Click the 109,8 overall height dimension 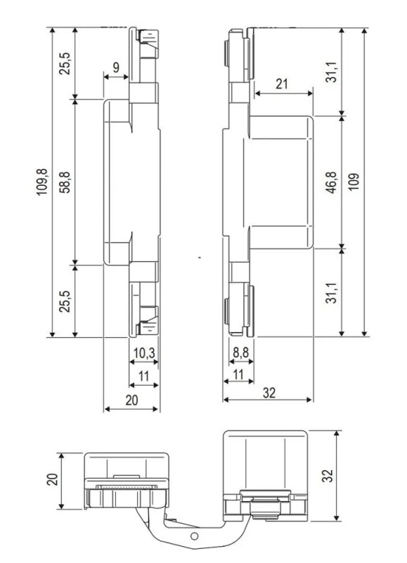44,183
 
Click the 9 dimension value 116,69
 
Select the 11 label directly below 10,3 143,377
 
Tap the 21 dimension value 282,84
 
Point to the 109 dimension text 354,183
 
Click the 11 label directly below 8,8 238,377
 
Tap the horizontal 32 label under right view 269,393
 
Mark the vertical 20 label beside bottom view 51,479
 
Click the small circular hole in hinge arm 195,537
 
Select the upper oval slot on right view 226,53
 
